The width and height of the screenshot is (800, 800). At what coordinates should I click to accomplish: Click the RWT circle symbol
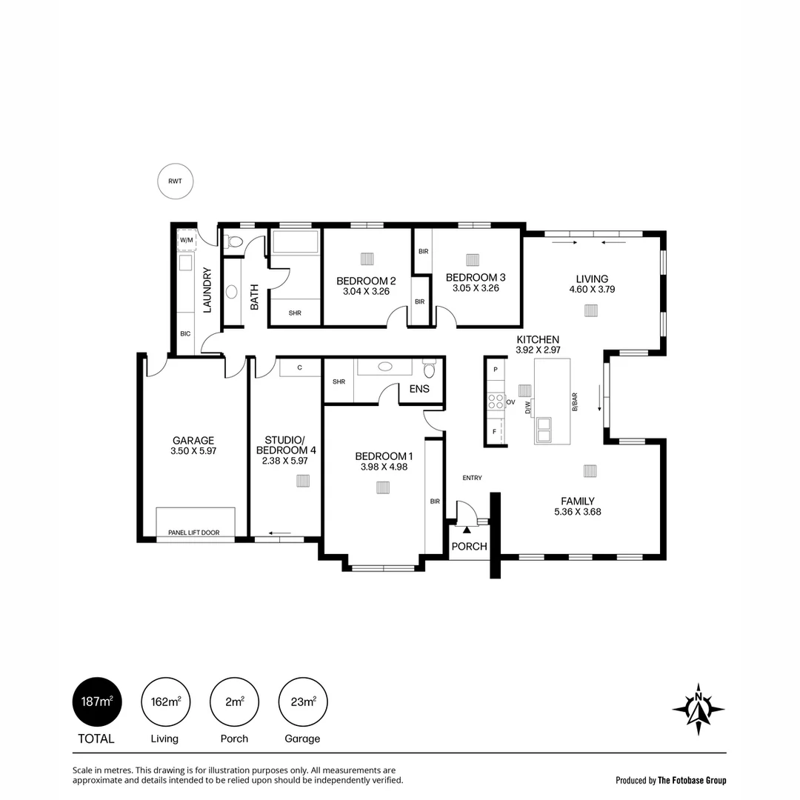(x=175, y=181)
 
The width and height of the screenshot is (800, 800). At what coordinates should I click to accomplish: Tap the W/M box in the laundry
(x=185, y=240)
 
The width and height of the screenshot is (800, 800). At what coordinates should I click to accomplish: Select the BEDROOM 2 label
(x=366, y=281)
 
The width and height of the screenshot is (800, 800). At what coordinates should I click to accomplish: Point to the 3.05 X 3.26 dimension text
(x=475, y=288)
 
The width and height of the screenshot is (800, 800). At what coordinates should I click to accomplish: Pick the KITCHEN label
(x=538, y=339)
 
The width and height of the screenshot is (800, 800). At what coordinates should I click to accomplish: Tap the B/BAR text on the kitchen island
(x=574, y=401)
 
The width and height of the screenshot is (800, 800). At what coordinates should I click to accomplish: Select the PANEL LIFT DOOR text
(x=193, y=533)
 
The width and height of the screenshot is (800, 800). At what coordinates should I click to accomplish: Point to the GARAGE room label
(x=193, y=440)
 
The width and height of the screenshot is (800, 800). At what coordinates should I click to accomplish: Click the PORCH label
(x=469, y=547)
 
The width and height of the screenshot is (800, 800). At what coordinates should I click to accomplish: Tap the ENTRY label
(x=472, y=478)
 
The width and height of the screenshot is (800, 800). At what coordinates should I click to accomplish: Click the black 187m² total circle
(x=96, y=701)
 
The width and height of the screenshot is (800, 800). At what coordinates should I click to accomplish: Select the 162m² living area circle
(x=165, y=701)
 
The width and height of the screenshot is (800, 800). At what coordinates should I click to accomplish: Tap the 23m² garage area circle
(x=303, y=701)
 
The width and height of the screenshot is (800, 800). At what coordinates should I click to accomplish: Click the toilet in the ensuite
(x=430, y=369)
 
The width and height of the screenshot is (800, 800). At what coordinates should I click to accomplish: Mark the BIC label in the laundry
(x=185, y=334)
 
